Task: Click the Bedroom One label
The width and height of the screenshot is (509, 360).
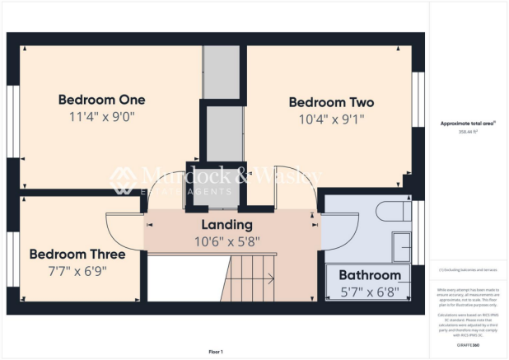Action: click(x=101, y=100)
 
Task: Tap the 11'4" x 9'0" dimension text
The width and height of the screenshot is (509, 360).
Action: click(x=101, y=117)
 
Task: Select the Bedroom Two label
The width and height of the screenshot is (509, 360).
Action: click(x=331, y=103)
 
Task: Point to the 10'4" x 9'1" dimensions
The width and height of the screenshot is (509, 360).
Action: click(x=331, y=119)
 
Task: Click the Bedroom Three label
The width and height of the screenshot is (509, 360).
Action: click(x=77, y=254)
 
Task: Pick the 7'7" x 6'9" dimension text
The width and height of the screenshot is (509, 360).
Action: click(x=77, y=270)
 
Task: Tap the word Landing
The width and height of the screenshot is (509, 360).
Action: click(x=226, y=224)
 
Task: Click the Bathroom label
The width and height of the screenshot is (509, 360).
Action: click(x=370, y=274)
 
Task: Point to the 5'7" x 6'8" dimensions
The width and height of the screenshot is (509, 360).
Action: click(x=370, y=291)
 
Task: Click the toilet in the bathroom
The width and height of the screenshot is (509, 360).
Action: click(x=391, y=212)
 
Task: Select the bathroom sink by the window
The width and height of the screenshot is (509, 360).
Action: click(x=402, y=245)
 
